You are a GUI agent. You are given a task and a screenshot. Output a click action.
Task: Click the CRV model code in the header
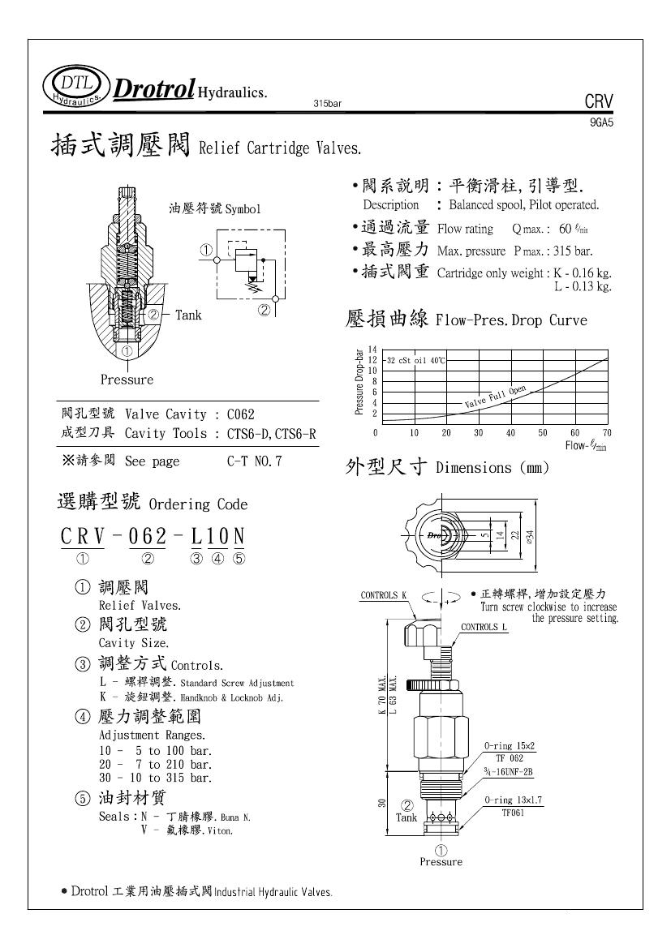(599, 102)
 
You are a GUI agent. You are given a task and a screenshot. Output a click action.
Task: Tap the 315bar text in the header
(327, 104)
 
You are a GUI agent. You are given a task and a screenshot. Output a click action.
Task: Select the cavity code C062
(243, 414)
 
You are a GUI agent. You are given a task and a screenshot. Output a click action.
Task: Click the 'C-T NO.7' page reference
(254, 461)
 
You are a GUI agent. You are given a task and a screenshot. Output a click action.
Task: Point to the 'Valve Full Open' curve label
(495, 396)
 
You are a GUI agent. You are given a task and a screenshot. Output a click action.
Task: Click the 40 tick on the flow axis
(510, 434)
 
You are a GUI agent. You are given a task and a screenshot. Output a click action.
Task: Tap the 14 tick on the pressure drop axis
(372, 349)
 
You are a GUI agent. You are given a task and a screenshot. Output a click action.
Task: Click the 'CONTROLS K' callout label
(383, 595)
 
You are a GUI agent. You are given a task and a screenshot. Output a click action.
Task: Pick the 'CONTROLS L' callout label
(484, 627)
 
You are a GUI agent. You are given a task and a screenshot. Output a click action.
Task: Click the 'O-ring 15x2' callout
(510, 744)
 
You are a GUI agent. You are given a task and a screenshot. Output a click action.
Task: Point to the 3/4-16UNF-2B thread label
(509, 771)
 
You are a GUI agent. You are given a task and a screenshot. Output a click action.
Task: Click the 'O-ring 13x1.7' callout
(513, 800)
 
